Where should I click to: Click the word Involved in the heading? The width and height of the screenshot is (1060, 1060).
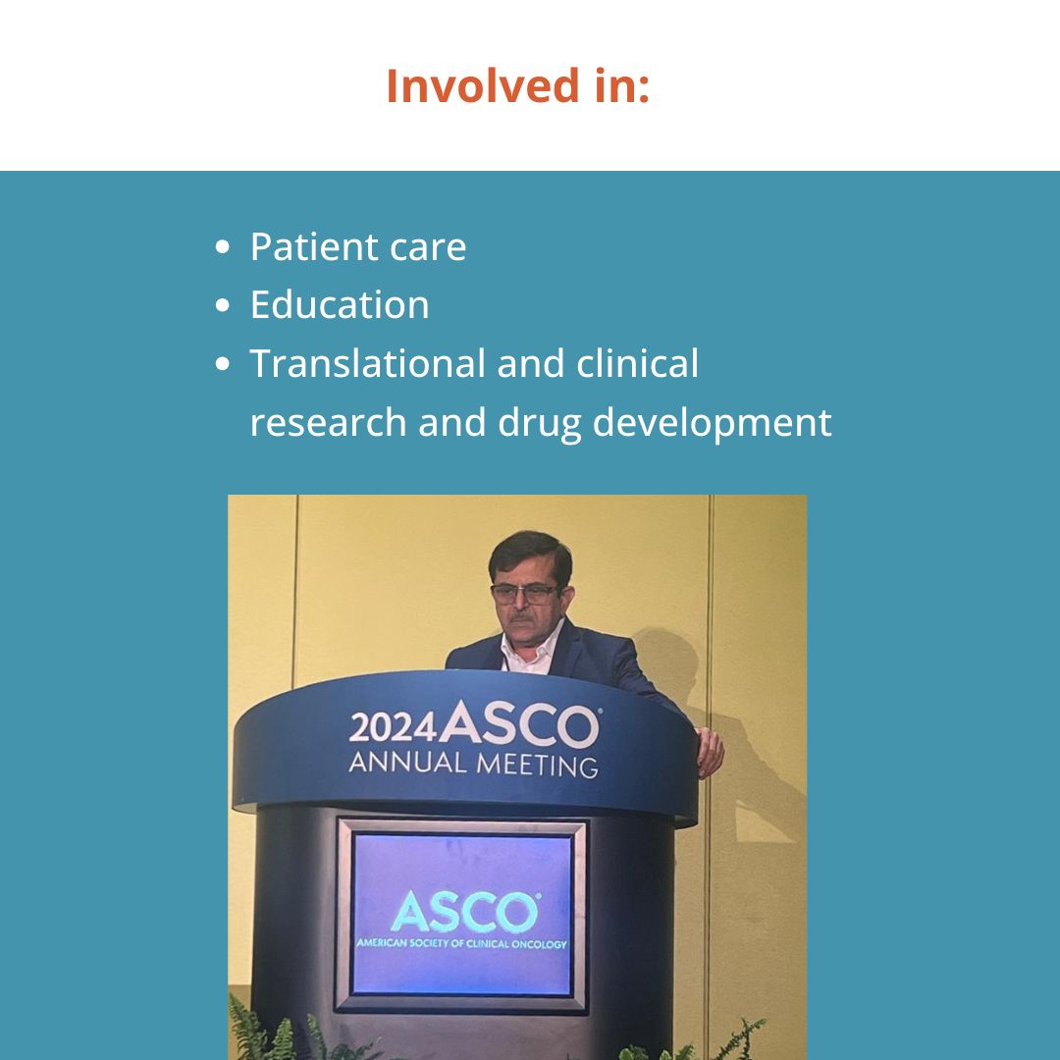(483, 85)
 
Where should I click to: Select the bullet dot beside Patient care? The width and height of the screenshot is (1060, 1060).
(223, 246)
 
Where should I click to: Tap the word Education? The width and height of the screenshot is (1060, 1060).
(340, 305)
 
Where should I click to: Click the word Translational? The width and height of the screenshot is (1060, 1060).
(367, 363)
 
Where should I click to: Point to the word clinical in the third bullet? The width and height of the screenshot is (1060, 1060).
(637, 363)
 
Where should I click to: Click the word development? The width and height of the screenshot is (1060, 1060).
(712, 424)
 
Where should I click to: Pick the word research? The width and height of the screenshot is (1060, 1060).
(328, 422)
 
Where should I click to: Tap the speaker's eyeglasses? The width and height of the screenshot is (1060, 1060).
(524, 594)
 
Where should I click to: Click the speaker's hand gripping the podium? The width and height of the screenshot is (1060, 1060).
(710, 751)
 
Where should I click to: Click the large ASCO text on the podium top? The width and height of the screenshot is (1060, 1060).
(519, 723)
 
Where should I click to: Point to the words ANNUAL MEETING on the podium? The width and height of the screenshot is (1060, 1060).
(473, 764)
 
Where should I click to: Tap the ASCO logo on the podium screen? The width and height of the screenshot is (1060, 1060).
(465, 912)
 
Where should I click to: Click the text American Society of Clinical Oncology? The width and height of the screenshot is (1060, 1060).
(461, 943)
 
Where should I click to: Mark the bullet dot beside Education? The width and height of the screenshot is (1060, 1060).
(223, 305)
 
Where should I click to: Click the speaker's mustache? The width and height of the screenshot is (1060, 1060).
(521, 616)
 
